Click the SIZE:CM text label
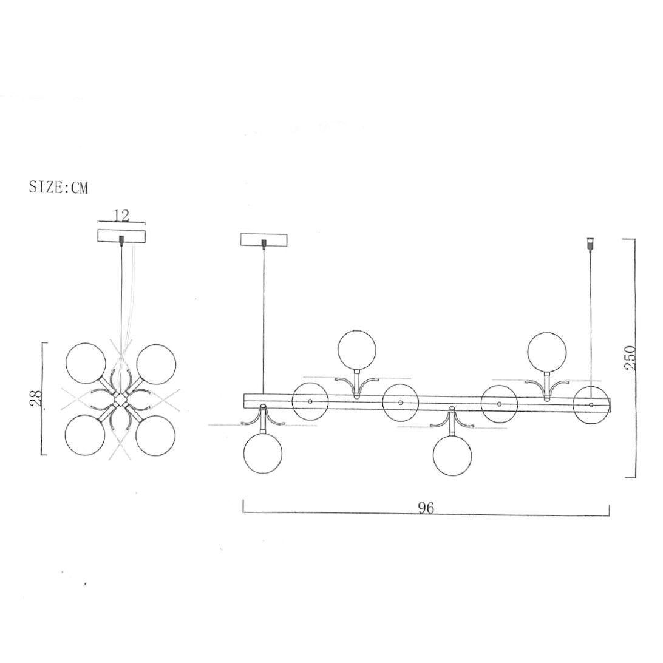[x=59, y=188]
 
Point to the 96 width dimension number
[x=426, y=508]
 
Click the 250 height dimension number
[x=630, y=357]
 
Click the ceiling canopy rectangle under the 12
[x=121, y=236]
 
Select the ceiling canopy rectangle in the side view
[x=264, y=239]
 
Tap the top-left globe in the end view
[x=86, y=363]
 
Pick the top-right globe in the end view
[x=155, y=364]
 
